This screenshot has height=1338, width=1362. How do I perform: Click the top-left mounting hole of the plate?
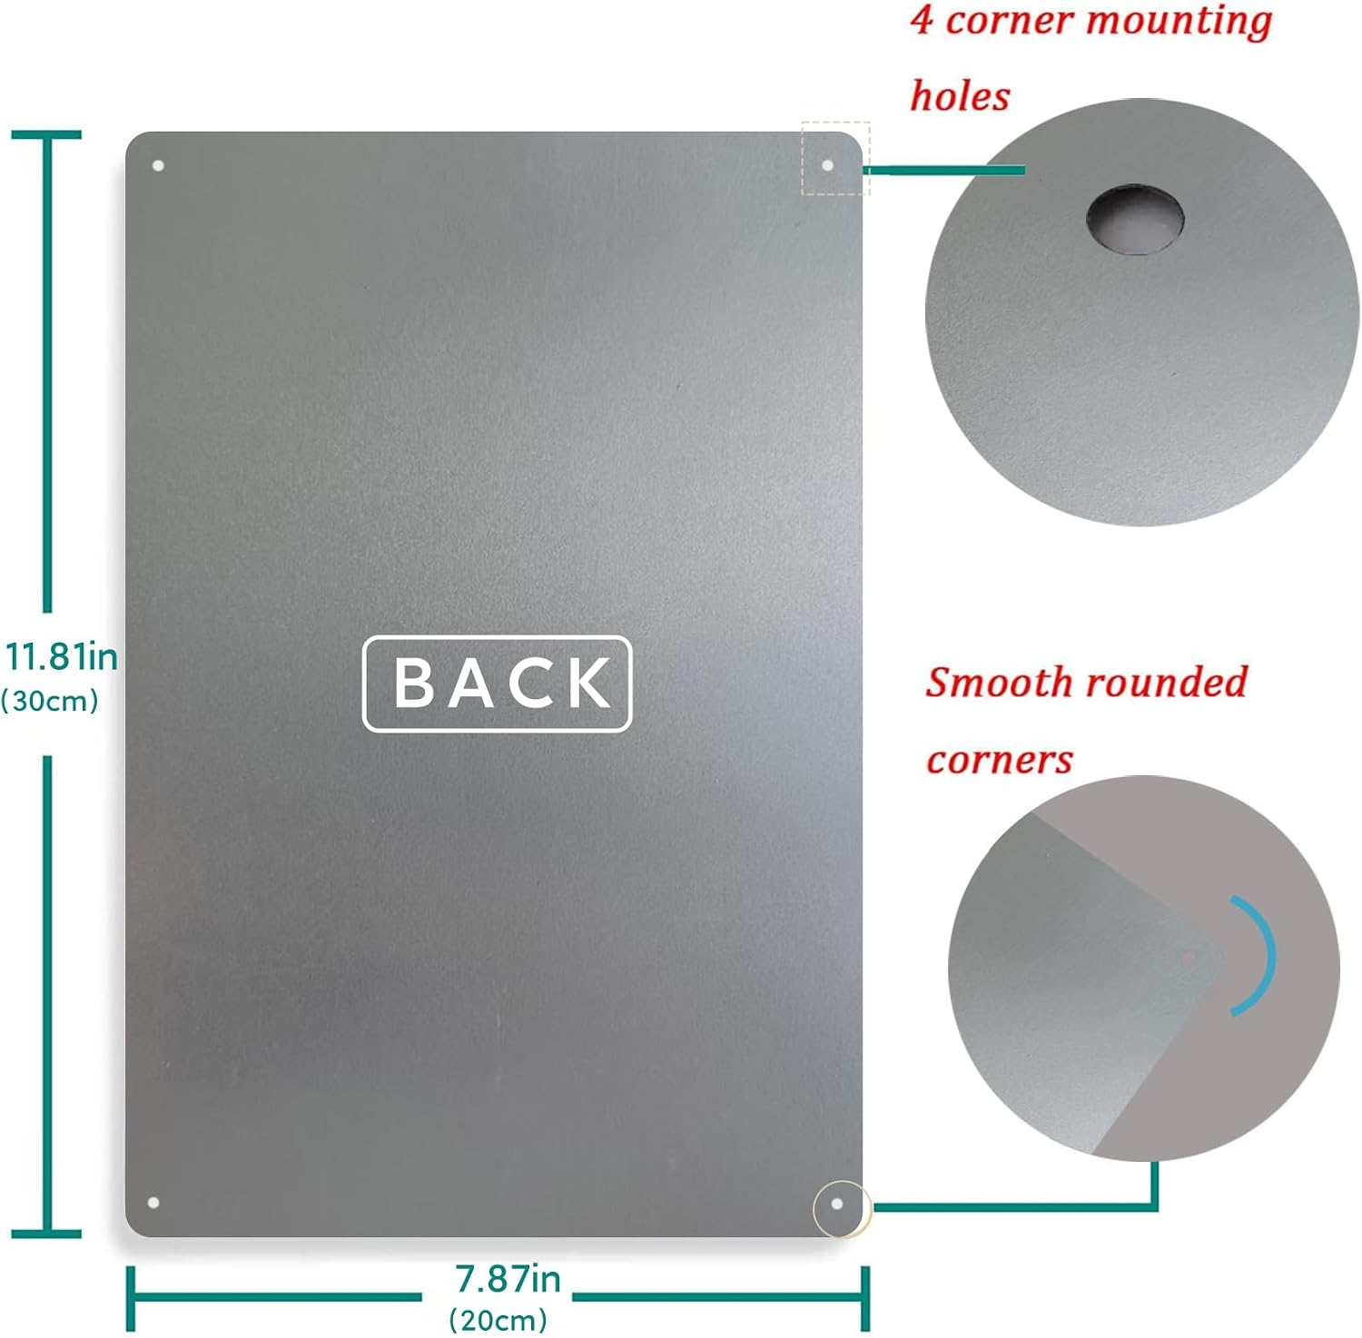[157, 166]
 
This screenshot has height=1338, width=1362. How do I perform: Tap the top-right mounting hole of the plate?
[827, 165]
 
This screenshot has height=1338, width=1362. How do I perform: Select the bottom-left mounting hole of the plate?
[153, 1203]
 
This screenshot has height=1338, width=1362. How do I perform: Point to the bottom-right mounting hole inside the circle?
[837, 1205]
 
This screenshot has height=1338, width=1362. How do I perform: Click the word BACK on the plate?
[502, 683]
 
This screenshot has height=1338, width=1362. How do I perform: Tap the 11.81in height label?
[62, 656]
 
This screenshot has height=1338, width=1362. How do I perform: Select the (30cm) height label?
[50, 701]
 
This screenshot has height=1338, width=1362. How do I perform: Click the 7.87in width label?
[508, 1279]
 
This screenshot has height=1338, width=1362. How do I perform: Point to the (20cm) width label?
[498, 1319]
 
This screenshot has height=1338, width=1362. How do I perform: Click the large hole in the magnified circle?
[1135, 219]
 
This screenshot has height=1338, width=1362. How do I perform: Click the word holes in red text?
[960, 96]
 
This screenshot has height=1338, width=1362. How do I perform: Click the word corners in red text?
[1000, 760]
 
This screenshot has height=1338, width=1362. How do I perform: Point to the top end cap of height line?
[46, 135]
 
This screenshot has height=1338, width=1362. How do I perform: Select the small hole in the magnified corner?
[1189, 957]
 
